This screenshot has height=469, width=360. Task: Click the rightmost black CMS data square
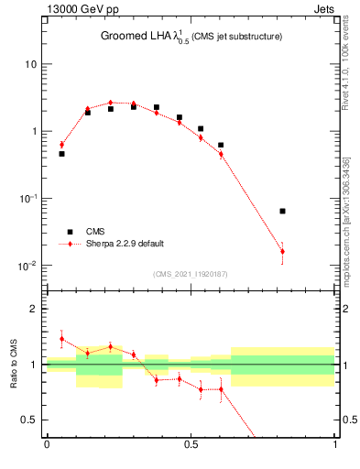[282, 211]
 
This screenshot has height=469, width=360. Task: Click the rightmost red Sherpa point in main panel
[282, 251]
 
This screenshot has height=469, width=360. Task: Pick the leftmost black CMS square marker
[61, 154]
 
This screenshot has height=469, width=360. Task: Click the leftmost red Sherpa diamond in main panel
[61, 144]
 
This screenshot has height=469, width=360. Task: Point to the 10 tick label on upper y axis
[30, 64]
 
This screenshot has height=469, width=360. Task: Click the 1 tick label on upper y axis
[33, 131]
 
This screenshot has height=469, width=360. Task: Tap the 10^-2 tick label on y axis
[27, 266]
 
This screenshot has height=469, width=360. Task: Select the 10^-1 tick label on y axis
[27, 199]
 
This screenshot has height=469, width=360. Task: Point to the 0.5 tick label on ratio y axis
[29, 420]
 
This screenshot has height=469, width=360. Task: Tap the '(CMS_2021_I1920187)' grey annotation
[190, 274]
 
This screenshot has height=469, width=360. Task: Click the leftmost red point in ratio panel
[61, 339]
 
